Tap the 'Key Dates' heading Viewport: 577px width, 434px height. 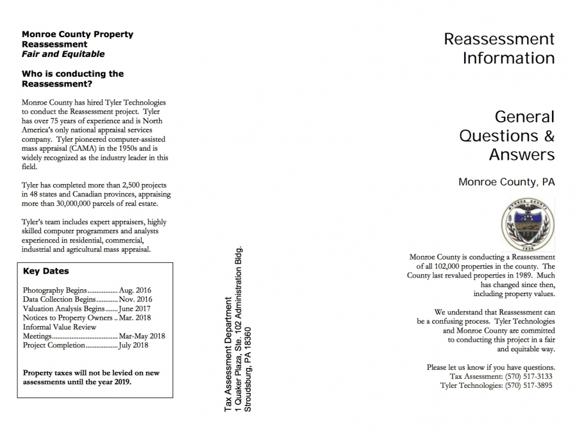(x=46, y=271)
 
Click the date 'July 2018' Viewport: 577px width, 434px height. (x=134, y=345)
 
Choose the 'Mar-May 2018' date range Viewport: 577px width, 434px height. (x=142, y=336)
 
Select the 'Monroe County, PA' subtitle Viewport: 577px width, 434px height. (x=506, y=181)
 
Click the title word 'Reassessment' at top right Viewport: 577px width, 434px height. (x=499, y=39)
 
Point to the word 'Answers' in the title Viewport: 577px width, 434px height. (x=521, y=154)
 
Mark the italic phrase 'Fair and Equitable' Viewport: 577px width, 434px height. (x=63, y=54)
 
